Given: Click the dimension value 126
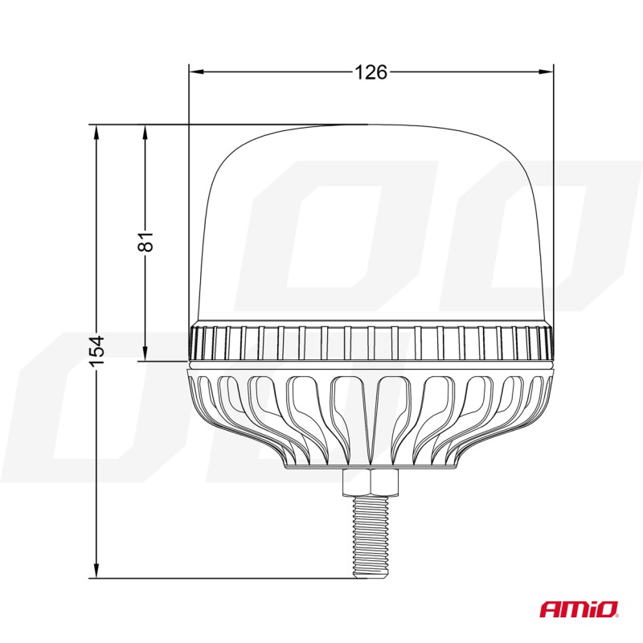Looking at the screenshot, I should [x=371, y=73].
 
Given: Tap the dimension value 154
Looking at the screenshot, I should [x=96, y=351].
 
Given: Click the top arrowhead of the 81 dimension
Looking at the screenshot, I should [x=145, y=131].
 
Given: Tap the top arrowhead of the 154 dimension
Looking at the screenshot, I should [x=96, y=131].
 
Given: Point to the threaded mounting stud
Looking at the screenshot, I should [x=371, y=534].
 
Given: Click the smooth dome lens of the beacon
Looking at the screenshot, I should [x=371, y=225].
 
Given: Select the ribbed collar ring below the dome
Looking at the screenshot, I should [x=371, y=344].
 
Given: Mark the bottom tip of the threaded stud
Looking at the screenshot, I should [x=371, y=575].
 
